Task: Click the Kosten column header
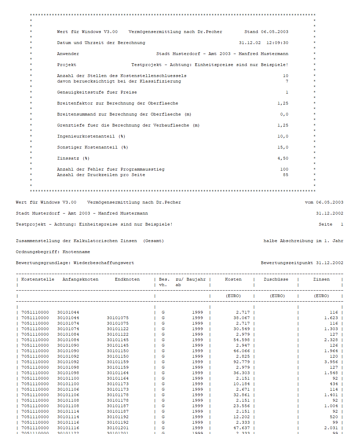pyautogui.click(x=233, y=279)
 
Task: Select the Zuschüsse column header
pyautogui.click(x=276, y=279)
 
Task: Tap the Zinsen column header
pyautogui.click(x=321, y=279)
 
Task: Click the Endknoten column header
pyautogui.click(x=127, y=279)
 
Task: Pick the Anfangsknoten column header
pyautogui.click(x=80, y=279)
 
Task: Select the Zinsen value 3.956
pyautogui.click(x=331, y=362)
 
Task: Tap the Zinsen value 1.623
pyautogui.click(x=331, y=318)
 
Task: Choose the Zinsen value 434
pyautogui.click(x=334, y=384)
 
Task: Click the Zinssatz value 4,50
pyautogui.click(x=283, y=158)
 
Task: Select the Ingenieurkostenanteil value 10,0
pyautogui.click(x=283, y=136)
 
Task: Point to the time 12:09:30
pyautogui.click(x=277, y=43)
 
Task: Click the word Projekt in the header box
pyautogui.click(x=67, y=65)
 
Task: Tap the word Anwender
pyautogui.click(x=68, y=54)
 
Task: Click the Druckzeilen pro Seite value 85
pyautogui.click(x=286, y=175)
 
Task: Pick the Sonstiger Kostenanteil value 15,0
pyautogui.click(x=283, y=147)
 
